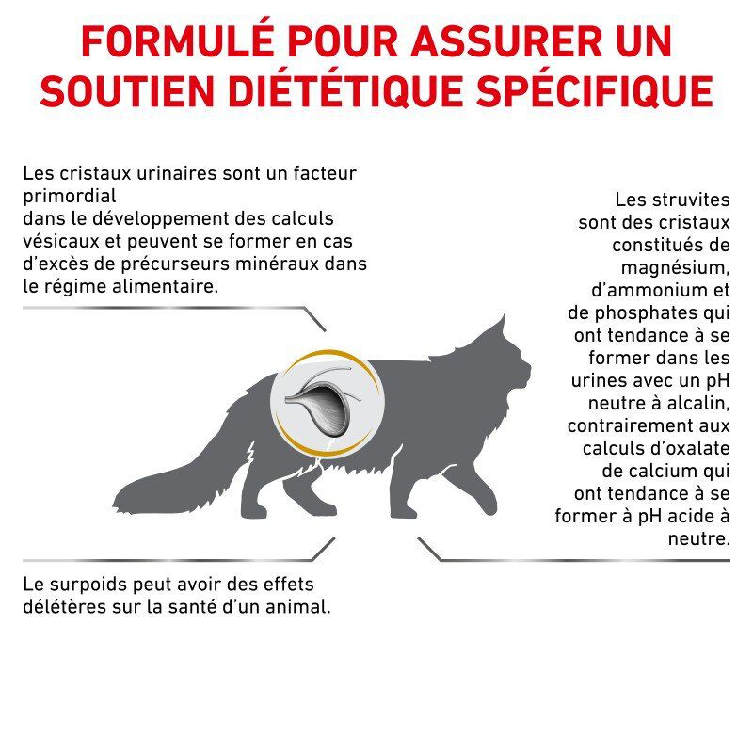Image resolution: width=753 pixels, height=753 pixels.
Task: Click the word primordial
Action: pos(68,197)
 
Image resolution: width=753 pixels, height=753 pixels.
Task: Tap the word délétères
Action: pos(63,607)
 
